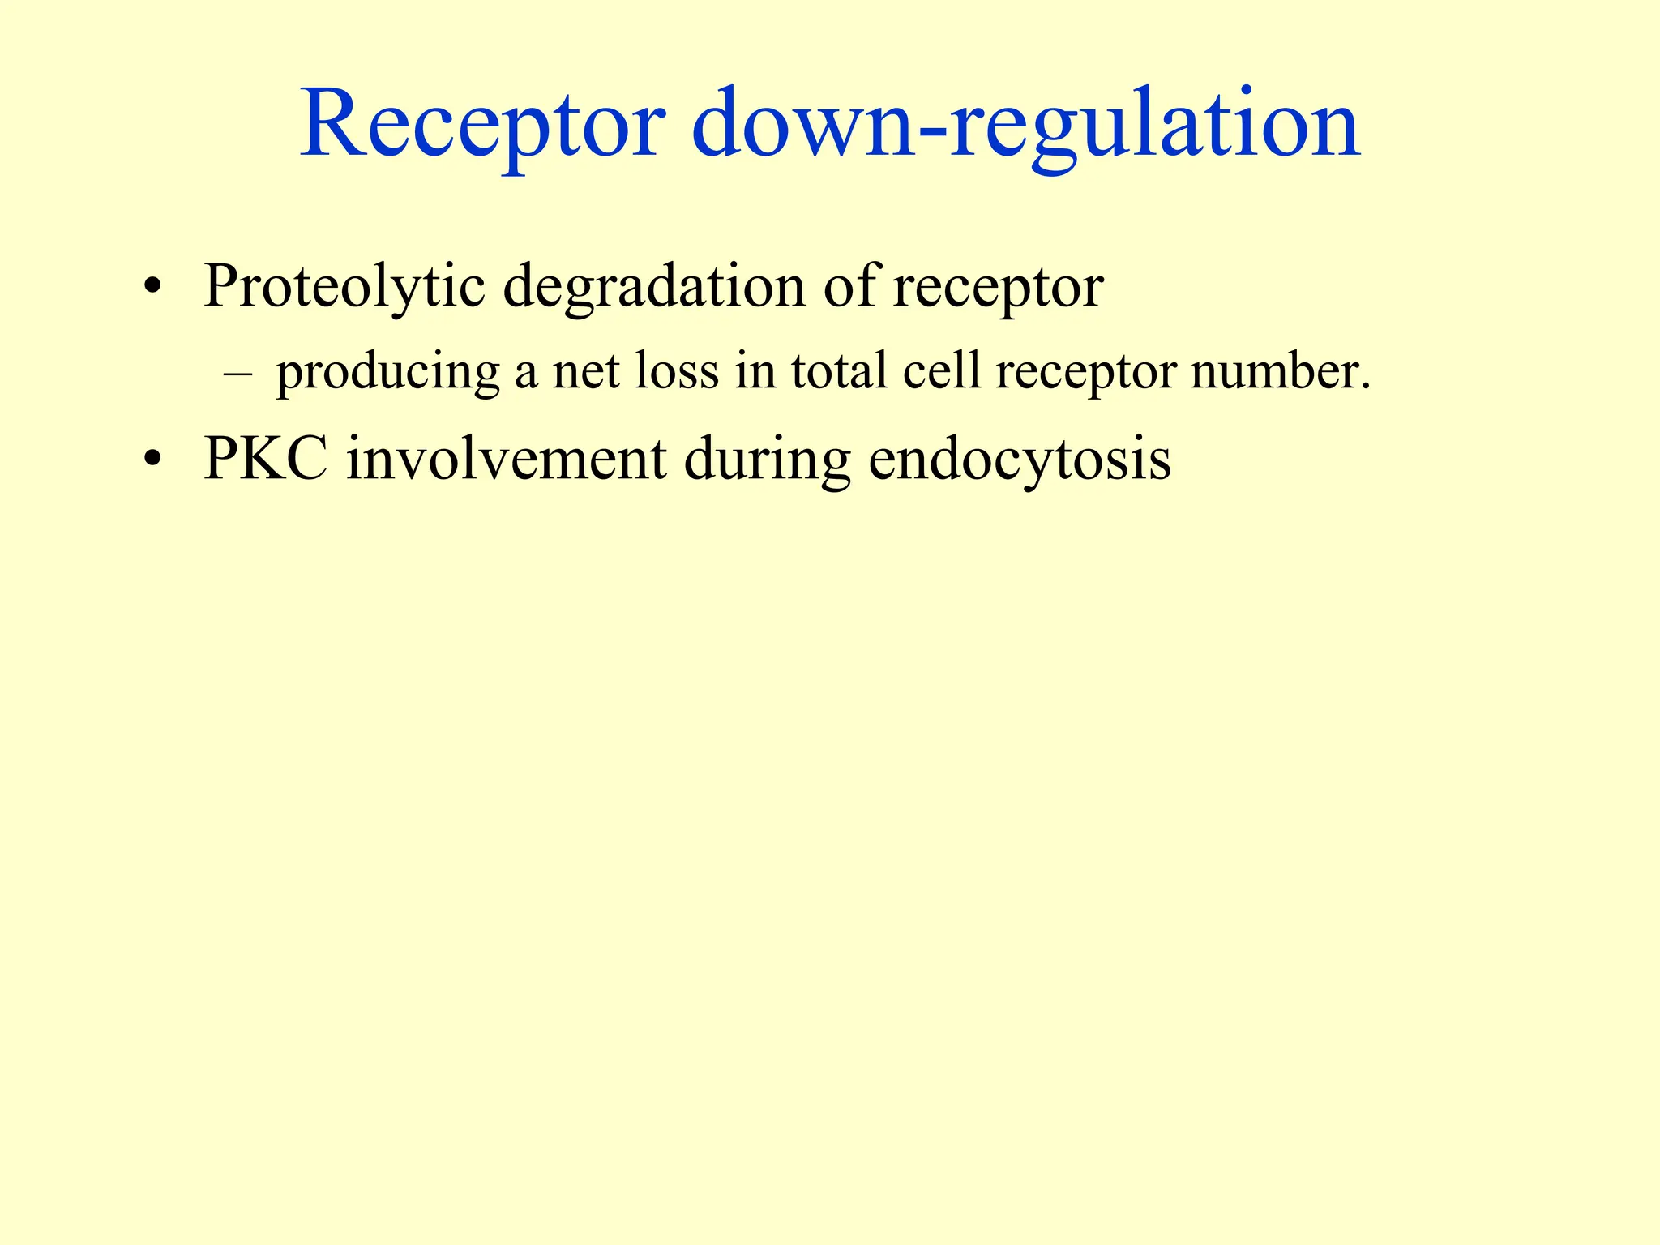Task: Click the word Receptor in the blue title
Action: pos(483,126)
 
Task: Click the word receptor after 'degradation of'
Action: pos(998,288)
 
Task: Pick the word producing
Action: pos(388,373)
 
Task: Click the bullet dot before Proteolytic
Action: pos(151,289)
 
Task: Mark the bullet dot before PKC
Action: pos(151,461)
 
